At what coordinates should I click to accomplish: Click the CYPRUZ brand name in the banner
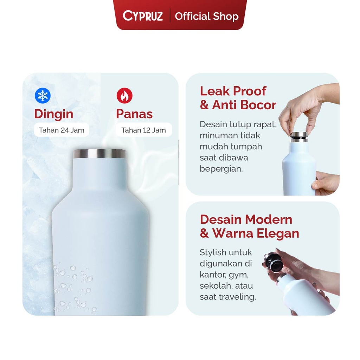(143, 16)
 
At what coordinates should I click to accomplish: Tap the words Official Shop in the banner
(207, 16)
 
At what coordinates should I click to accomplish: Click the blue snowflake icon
(43, 96)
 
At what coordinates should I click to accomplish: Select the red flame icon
(124, 96)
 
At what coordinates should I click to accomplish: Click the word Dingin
(53, 114)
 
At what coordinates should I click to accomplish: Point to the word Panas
(134, 114)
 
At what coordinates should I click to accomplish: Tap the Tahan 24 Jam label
(62, 130)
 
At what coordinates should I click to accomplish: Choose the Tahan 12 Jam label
(143, 130)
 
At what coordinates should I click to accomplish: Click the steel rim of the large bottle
(99, 154)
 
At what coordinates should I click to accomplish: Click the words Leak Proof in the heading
(233, 91)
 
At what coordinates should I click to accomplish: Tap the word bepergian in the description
(221, 169)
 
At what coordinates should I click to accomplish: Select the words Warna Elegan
(256, 233)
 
